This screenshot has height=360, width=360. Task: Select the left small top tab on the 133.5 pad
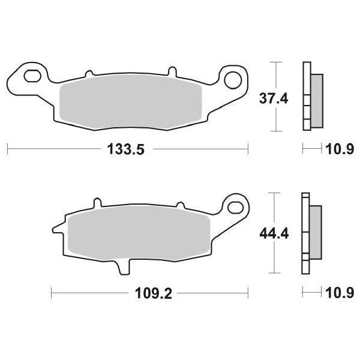click(89, 74)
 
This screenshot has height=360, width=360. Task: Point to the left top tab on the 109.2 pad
click(94, 203)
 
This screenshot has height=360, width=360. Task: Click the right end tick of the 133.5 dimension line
click(247, 148)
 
